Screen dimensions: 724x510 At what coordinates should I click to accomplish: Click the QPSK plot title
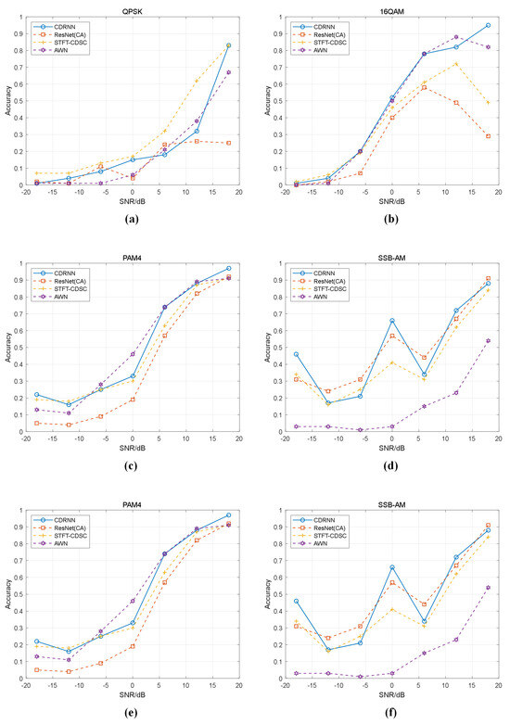click(132, 8)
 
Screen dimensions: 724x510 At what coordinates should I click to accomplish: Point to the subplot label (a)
click(132, 219)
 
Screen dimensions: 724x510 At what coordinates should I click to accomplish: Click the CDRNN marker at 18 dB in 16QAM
click(487, 26)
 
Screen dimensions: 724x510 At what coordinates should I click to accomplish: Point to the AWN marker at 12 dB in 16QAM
click(455, 37)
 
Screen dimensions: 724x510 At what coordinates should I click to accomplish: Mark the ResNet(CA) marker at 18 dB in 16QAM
click(487, 136)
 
